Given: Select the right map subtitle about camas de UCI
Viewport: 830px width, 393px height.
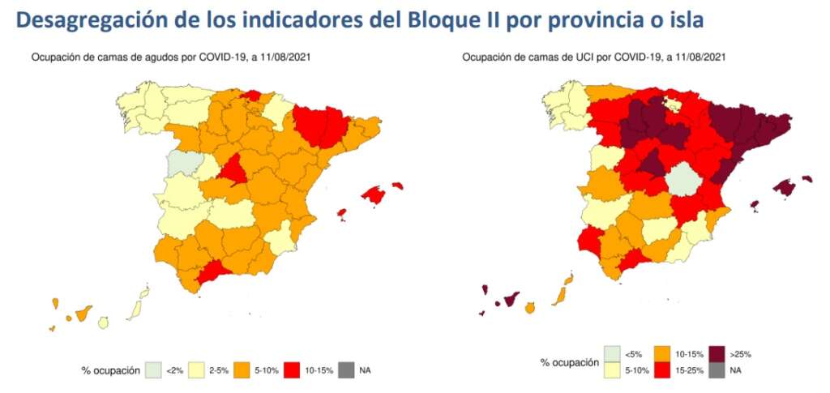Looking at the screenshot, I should click(594, 58).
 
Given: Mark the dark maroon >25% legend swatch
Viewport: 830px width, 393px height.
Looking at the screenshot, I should click(717, 354).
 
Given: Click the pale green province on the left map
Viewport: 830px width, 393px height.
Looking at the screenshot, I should click(182, 163).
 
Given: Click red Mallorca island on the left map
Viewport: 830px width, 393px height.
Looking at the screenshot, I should click(374, 194).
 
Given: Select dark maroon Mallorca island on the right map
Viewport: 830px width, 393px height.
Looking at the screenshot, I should click(784, 188).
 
